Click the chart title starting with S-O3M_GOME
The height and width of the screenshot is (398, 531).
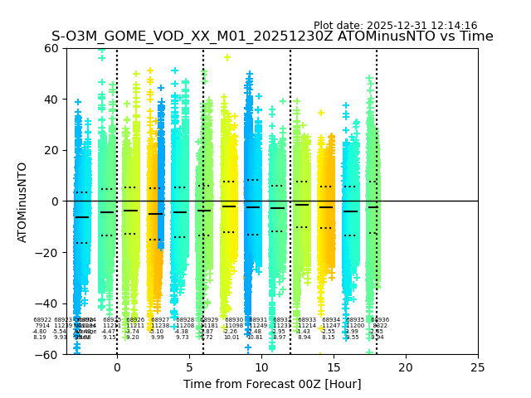pos(272,36)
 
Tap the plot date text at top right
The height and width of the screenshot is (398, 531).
pos(395,26)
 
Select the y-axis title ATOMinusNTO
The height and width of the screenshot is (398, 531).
pos(23,201)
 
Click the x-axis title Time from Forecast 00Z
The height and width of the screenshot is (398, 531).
pos(272,384)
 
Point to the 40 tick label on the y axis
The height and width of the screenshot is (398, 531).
pos(51,99)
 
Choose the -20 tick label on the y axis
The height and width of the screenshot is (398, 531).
pos(48,253)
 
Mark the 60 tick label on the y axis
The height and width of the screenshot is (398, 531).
pos(51,48)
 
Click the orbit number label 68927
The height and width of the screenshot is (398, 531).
pos(160,320)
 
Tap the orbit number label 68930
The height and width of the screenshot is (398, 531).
pos(234,320)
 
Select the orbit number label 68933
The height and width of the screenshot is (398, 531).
pos(307,320)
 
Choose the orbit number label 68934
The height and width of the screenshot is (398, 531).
pos(331,320)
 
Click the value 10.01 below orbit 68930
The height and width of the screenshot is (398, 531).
pos(231,337)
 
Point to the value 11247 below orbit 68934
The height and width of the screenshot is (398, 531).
pos(331,326)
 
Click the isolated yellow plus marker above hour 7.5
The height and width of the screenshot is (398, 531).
pos(227,58)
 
